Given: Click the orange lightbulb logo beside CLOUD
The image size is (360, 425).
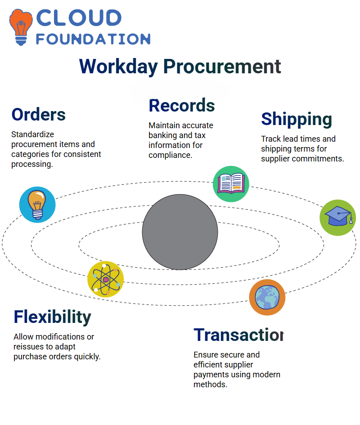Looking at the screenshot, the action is [21, 27].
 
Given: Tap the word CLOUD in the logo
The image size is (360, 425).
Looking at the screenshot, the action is [79, 18].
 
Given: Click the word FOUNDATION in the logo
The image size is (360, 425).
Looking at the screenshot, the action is [93, 39].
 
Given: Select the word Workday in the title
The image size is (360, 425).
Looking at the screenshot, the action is [118, 67].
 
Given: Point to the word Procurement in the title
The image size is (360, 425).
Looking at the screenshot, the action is [222, 66].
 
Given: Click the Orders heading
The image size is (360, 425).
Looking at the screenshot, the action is [39, 114].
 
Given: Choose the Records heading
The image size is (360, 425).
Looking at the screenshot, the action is [182, 105].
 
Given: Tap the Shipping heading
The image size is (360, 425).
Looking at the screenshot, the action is [297, 120].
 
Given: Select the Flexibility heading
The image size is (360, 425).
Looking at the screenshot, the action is [52, 317].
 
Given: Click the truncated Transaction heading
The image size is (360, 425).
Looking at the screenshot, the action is [238, 335].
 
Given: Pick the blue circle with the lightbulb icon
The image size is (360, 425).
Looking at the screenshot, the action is [37, 205].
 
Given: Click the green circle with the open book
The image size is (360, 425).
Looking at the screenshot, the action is [231, 184].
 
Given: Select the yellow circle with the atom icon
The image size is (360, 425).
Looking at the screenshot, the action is [106, 279].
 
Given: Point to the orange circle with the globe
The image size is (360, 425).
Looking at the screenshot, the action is [267, 297].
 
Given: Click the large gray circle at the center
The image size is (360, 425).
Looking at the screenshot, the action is [180, 232].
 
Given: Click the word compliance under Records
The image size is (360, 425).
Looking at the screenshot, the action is [171, 155].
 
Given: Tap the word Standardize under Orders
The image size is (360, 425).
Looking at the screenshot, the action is [32, 134].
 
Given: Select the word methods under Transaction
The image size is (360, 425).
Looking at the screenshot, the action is [210, 385].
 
